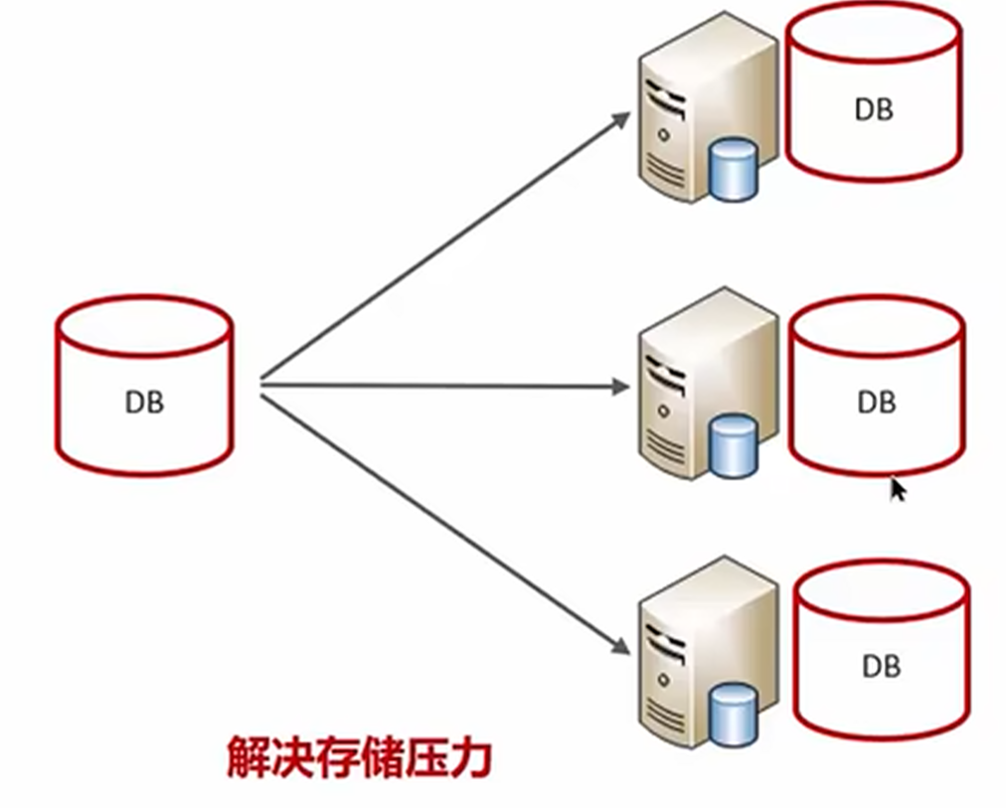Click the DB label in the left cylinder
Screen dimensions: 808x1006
click(x=144, y=403)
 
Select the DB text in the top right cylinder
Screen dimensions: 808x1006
click(x=874, y=109)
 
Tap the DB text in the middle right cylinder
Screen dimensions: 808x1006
click(x=876, y=403)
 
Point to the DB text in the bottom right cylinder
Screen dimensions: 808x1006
click(x=881, y=665)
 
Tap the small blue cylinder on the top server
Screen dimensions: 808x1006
click(x=735, y=170)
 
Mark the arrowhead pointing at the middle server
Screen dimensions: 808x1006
click(x=620, y=387)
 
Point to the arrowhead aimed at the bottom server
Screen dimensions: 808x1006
click(x=620, y=647)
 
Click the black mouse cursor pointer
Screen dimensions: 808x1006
click(x=897, y=490)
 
